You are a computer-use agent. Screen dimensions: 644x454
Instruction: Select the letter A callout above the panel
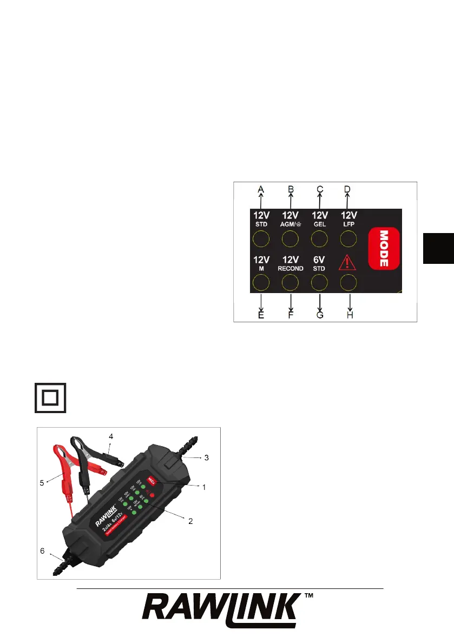point(261,189)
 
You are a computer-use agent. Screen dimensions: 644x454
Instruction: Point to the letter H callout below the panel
point(350,315)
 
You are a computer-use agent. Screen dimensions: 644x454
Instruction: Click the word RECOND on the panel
point(291,268)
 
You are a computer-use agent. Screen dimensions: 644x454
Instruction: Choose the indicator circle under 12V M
point(261,282)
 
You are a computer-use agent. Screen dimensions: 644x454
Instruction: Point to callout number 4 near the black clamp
point(111,436)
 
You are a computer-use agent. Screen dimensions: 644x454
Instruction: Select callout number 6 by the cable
point(42,550)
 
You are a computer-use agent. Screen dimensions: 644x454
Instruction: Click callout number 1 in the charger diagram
point(204,487)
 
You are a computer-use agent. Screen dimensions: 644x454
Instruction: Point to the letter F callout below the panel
point(291,315)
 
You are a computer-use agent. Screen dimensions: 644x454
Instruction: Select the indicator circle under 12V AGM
point(291,238)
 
